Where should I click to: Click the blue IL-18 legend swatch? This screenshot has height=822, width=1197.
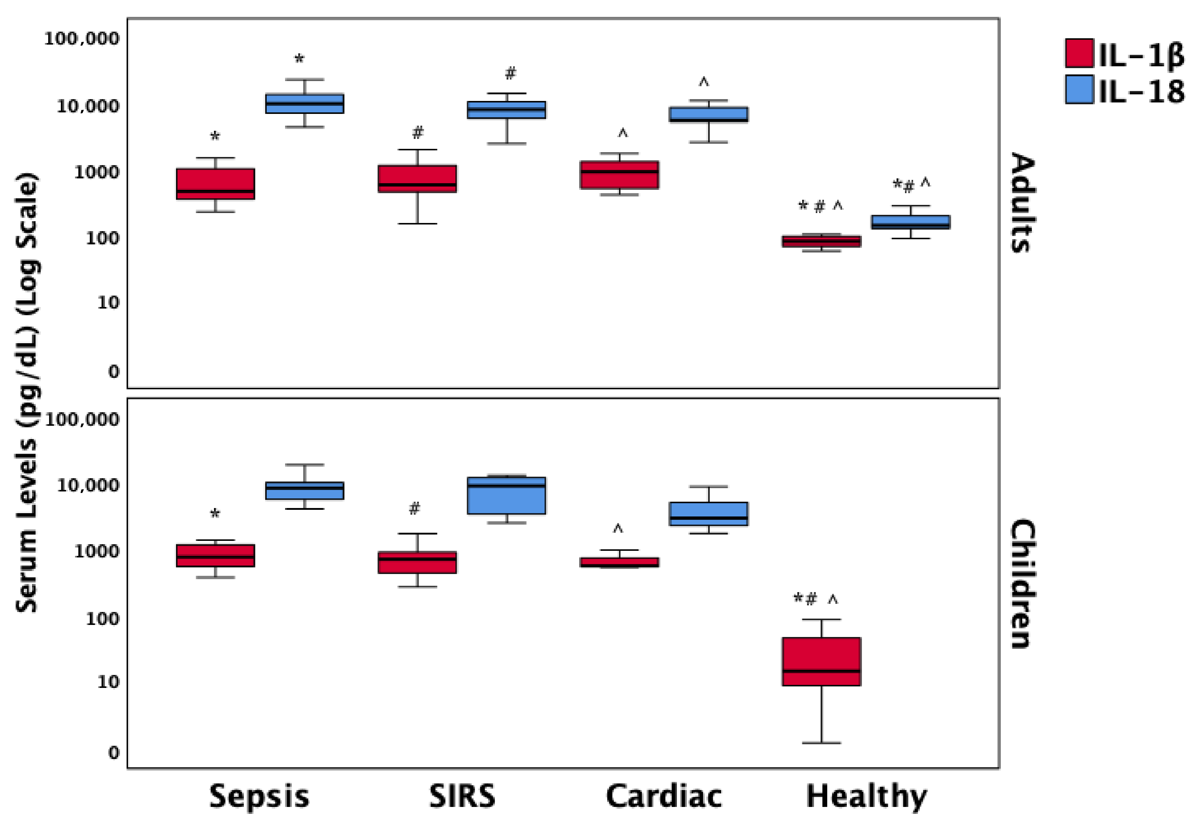[x=1079, y=89]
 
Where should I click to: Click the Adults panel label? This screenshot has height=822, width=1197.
[x=1023, y=202]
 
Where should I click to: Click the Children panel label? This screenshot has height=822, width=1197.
[x=1023, y=584]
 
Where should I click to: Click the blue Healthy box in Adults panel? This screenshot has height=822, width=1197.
[x=911, y=222]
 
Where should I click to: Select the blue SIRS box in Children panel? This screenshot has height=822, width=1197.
[x=506, y=495]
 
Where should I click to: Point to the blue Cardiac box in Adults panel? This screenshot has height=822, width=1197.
[x=709, y=114]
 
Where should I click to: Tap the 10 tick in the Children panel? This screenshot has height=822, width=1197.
[x=108, y=682]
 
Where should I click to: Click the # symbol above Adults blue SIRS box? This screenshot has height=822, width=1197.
[x=510, y=74]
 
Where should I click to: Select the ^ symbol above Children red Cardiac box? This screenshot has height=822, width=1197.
[x=618, y=529]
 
